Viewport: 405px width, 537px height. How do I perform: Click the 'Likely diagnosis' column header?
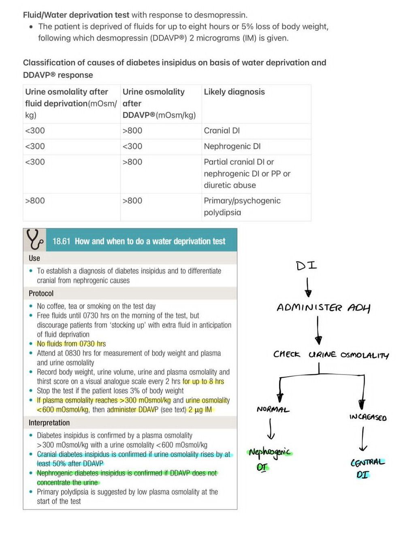pos(234,92)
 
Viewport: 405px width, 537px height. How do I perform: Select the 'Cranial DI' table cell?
pos(222,131)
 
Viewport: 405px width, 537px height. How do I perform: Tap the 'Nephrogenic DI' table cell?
pos(232,146)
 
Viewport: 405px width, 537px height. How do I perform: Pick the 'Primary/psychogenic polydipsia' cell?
pos(242,206)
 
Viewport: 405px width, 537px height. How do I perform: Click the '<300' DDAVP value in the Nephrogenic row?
pos(132,146)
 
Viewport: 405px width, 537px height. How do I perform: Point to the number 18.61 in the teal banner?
pos(61,241)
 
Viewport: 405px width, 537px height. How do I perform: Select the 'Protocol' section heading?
pos(41,293)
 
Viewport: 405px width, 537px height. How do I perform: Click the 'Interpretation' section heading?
pos(49,423)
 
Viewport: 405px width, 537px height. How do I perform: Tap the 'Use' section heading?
pos(34,258)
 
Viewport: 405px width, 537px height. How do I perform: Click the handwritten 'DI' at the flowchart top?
pos(307,266)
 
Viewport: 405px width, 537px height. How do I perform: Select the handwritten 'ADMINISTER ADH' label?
pos(323,308)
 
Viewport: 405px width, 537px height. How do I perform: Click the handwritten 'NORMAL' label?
pos(273,409)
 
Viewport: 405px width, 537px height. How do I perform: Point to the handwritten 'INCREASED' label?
pos(368,417)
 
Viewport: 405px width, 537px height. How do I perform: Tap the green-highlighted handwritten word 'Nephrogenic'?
pos(270,453)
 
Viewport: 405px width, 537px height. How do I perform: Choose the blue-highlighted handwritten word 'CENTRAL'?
pos(367,462)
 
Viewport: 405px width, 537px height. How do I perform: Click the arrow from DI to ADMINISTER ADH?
pos(308,287)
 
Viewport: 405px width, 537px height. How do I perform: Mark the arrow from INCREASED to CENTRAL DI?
pos(363,439)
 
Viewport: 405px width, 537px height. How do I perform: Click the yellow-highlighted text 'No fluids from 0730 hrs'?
pos(71,344)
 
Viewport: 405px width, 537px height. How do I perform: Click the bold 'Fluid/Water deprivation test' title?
pos(76,15)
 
